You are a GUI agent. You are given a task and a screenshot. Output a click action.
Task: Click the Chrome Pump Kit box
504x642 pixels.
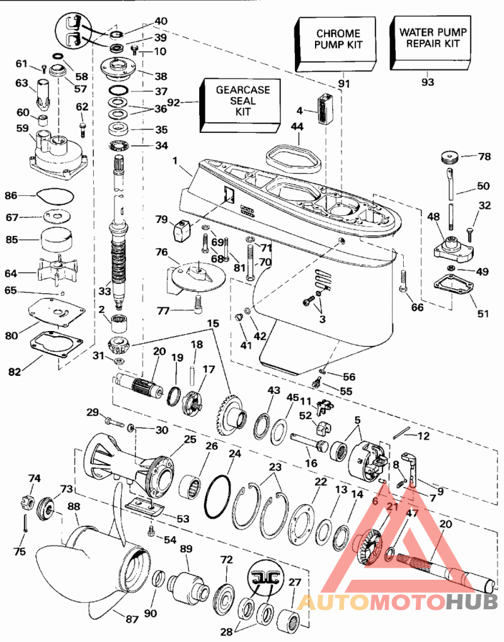tap(335, 44)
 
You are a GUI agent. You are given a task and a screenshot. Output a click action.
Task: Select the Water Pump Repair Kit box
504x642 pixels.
tap(430, 43)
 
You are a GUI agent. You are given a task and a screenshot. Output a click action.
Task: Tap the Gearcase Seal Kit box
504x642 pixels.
tap(241, 106)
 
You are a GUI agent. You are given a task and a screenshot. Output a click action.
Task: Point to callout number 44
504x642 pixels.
tap(297, 127)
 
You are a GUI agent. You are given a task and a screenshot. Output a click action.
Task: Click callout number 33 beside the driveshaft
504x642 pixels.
tap(105, 291)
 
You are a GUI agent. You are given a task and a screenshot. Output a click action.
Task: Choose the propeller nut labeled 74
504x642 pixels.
tap(25, 502)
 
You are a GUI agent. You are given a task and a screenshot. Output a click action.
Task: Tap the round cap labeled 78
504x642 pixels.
tap(450, 157)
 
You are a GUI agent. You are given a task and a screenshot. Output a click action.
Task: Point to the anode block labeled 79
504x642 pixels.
tap(181, 232)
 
